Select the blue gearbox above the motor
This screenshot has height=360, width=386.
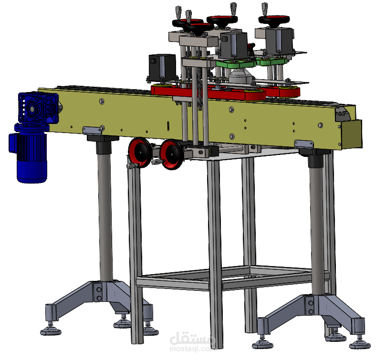[x=38, y=108]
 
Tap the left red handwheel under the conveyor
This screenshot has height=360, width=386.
[x=140, y=153]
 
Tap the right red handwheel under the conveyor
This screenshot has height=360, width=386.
[x=172, y=154]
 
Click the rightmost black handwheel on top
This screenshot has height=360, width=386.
[x=274, y=20]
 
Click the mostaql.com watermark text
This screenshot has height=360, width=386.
[x=192, y=349]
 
